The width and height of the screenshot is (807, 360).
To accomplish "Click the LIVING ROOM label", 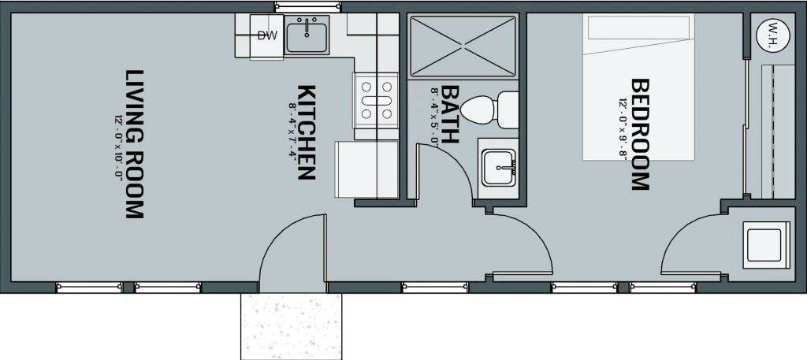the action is pos(135,144).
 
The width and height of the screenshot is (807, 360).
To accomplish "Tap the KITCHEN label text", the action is pos(307,132).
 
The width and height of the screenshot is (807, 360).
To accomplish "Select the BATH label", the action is pos(450,114).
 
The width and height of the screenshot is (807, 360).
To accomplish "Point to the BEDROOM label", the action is pos(640,134).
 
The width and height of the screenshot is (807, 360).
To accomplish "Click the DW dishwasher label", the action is pos(267,35).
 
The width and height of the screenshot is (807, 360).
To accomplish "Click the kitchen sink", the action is pos(307,34).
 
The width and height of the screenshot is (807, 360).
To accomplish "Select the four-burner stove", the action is pos(376,100).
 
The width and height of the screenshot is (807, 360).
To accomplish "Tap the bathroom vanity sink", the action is pos(498,168).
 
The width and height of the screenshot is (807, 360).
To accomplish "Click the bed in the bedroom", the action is pos(638,87).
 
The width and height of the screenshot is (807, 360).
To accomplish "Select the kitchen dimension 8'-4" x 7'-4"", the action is pos(292,132).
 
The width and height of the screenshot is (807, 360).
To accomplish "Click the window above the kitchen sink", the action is pos(307,6).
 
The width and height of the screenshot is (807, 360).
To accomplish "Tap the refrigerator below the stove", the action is pos(366,169).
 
